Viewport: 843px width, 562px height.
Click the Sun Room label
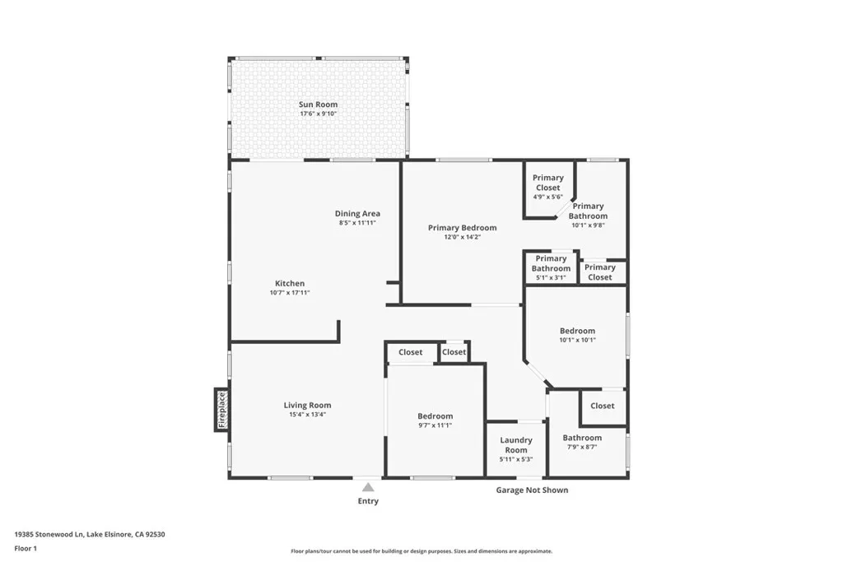[318, 105]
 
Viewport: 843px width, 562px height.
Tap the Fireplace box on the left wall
[221, 409]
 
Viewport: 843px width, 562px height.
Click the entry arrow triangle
[368, 487]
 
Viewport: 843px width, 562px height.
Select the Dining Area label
[357, 213]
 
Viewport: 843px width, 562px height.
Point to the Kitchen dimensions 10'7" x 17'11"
[290, 293]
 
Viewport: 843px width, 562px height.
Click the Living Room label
[307, 405]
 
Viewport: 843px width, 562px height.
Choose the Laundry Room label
[516, 444]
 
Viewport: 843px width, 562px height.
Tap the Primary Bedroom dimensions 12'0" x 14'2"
[462, 237]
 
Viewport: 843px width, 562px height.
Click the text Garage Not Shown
[532, 490]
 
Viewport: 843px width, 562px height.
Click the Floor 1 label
[26, 547]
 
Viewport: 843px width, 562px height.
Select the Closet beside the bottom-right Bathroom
[603, 406]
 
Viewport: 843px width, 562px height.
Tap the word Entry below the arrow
[368, 501]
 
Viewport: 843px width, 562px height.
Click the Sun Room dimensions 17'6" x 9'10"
[318, 114]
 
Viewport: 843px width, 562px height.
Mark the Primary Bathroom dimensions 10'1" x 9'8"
[589, 225]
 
